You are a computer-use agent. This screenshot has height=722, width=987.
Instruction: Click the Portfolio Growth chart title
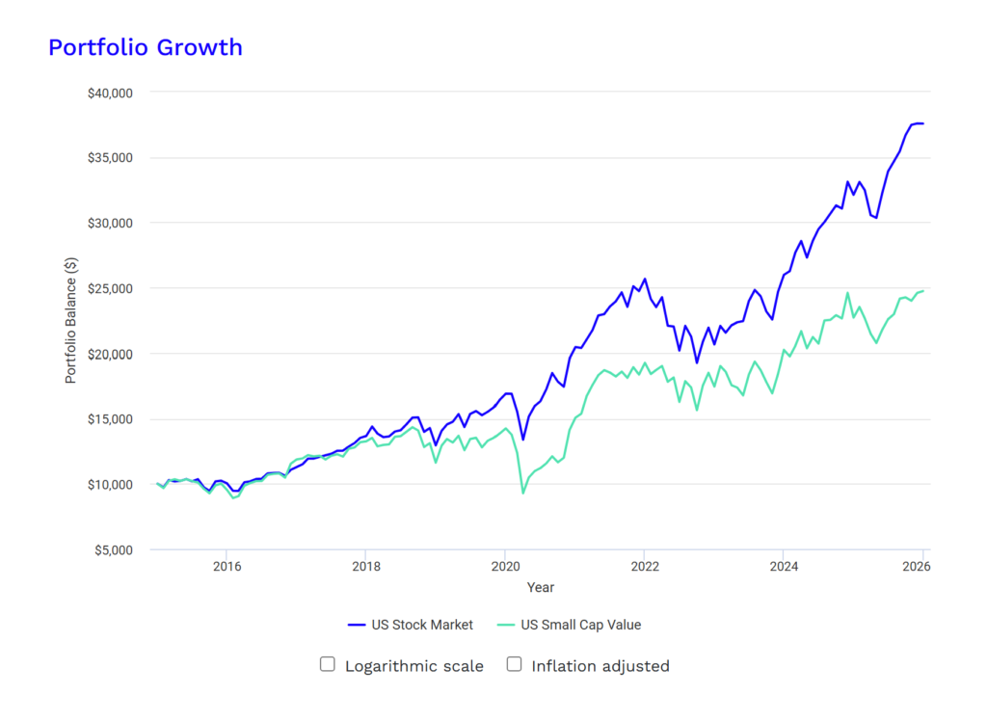(146, 48)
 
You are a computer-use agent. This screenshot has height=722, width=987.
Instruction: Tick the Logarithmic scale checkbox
(328, 664)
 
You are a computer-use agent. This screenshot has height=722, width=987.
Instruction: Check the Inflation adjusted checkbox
(515, 664)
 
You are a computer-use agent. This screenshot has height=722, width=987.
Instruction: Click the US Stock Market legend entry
(411, 625)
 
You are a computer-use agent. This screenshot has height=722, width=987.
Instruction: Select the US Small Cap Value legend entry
(569, 625)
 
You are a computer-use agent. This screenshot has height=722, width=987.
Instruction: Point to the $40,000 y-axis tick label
(110, 94)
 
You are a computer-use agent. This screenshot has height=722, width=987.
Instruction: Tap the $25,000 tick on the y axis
(110, 289)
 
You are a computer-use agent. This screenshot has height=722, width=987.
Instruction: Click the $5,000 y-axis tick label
(114, 550)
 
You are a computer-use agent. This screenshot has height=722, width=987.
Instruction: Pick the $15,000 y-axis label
(110, 419)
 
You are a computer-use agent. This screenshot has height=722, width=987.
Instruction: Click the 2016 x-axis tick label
(227, 567)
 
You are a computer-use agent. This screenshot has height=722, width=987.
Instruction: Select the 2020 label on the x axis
(505, 567)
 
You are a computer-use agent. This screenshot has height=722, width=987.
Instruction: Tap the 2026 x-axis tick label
(917, 567)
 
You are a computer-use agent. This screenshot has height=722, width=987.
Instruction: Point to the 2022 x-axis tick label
(645, 567)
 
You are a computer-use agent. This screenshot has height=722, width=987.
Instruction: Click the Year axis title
(541, 587)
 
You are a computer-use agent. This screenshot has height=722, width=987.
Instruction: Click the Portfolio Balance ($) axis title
(70, 320)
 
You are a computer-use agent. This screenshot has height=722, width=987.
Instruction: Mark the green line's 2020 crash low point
(523, 493)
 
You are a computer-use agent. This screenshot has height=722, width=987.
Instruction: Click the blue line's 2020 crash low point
(523, 440)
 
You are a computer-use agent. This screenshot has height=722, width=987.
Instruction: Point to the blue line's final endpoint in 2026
(923, 123)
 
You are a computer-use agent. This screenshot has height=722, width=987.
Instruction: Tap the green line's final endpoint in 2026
(923, 291)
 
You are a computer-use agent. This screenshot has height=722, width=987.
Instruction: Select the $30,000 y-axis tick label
(110, 224)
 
